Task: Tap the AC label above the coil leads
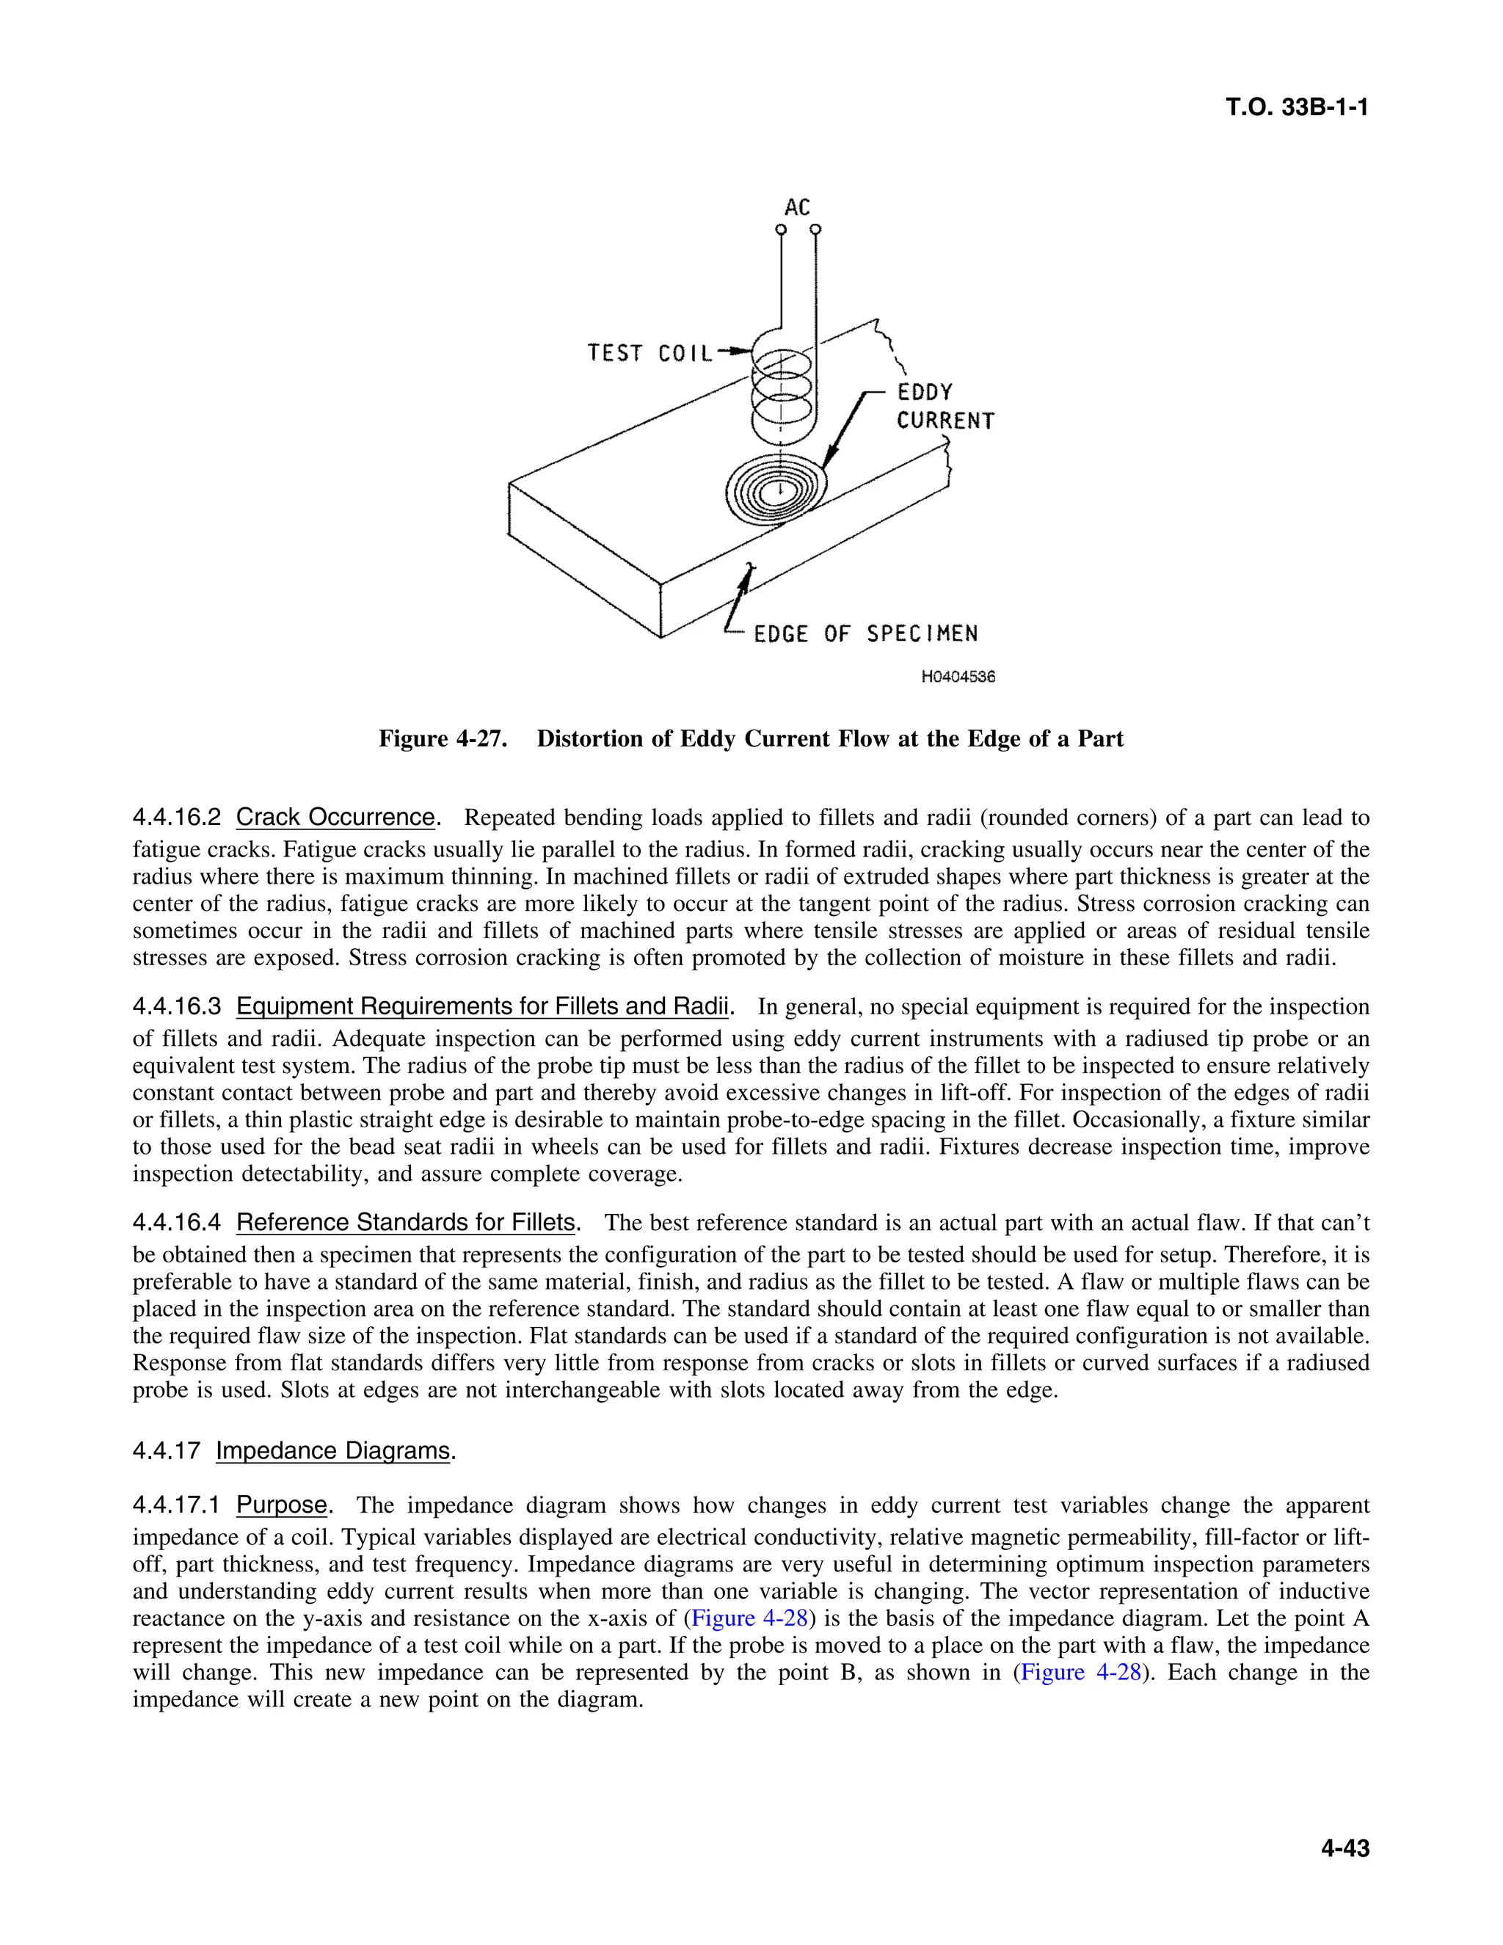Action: tap(797, 208)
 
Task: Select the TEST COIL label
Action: tap(650, 354)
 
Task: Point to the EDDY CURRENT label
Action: tap(944, 407)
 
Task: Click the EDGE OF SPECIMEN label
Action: tap(865, 634)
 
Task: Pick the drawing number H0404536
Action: tap(958, 677)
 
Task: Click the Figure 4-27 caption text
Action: tap(751, 739)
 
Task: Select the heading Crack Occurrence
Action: tap(335, 818)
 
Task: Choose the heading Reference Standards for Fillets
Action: tap(406, 1222)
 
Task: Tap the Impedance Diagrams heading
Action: tap(333, 1451)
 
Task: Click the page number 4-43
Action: tap(1344, 1849)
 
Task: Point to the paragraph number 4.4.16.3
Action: tap(176, 1007)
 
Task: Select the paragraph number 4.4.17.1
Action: tap(176, 1506)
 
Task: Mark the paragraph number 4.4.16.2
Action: tap(176, 818)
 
